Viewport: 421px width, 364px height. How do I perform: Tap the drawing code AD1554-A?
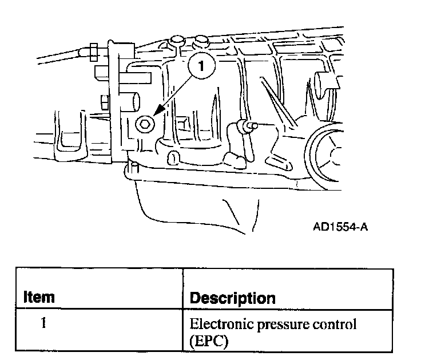click(340, 227)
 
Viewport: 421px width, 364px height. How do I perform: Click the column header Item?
click(39, 297)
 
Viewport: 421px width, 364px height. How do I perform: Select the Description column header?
click(232, 298)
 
